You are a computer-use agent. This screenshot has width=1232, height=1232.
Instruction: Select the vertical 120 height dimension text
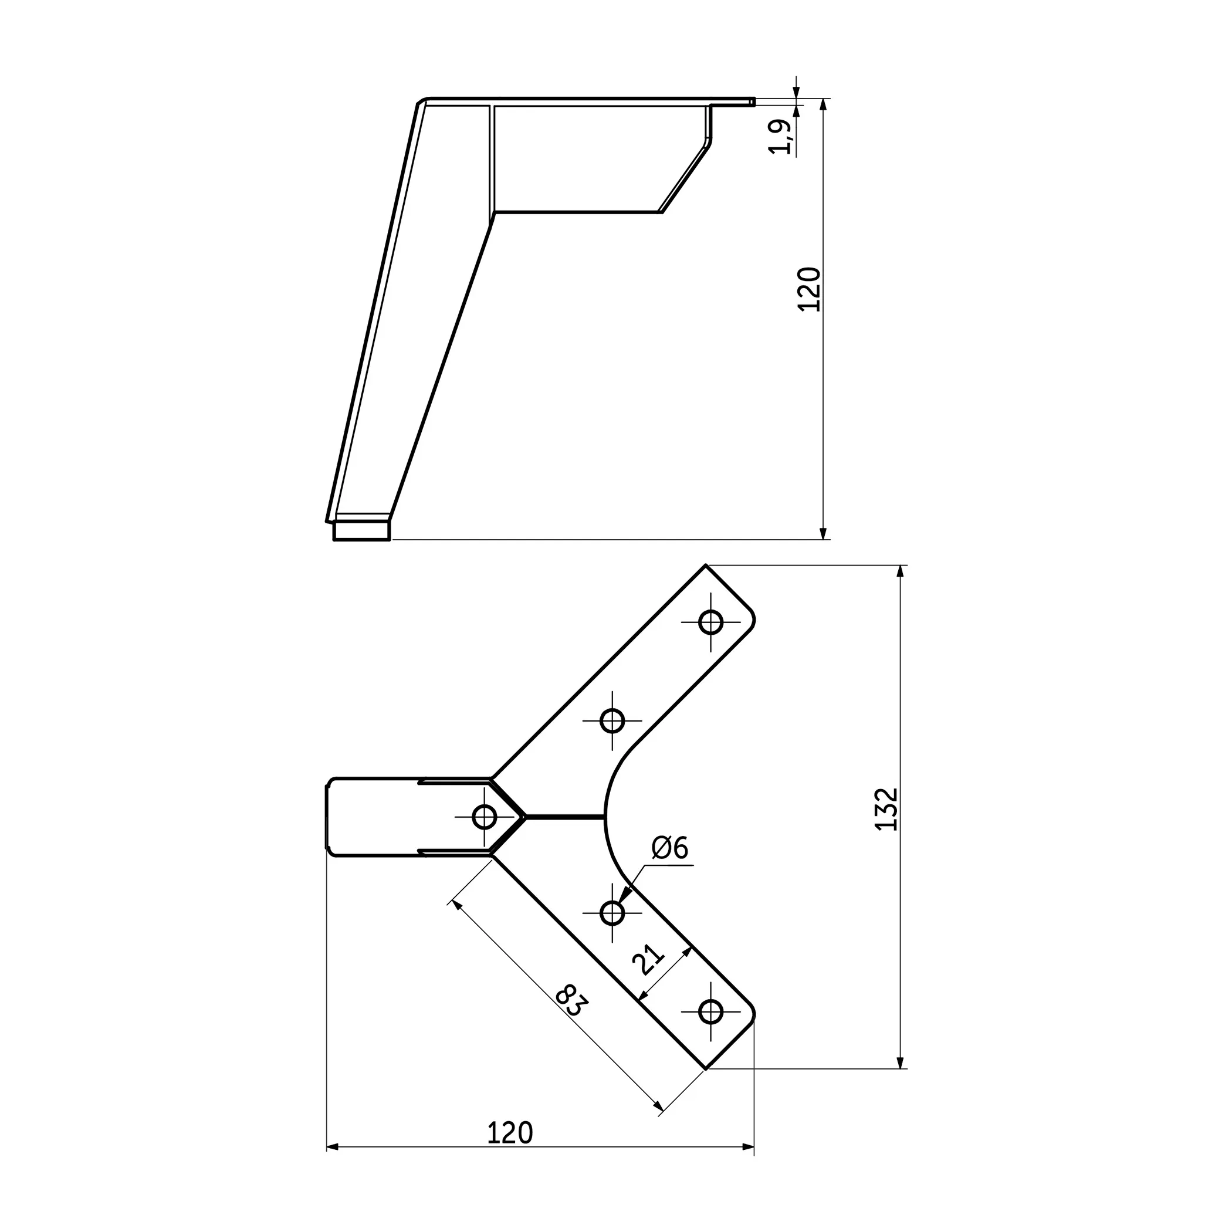809,289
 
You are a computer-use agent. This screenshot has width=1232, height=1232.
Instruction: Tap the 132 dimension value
886,809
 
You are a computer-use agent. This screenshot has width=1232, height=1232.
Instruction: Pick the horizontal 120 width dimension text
509,1132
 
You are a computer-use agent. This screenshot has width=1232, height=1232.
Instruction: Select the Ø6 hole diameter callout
670,848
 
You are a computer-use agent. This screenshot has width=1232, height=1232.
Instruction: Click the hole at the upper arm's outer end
711,622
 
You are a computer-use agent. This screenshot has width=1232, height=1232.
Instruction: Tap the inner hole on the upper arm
612,720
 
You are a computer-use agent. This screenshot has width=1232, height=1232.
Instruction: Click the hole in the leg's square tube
485,816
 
